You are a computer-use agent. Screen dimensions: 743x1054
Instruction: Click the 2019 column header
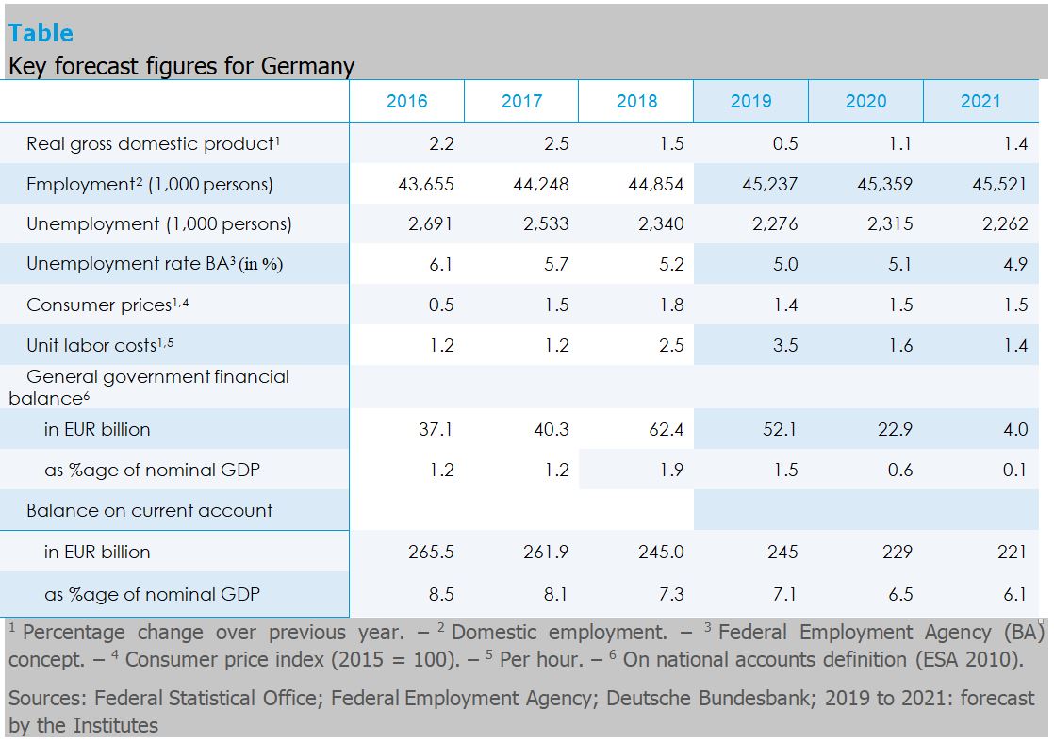(750, 102)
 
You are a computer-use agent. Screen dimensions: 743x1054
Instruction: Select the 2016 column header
(406, 102)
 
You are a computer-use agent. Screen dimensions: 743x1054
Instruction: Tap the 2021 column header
(980, 102)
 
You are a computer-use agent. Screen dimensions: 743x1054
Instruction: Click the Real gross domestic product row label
(154, 144)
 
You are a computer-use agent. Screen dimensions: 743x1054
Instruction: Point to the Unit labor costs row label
(100, 346)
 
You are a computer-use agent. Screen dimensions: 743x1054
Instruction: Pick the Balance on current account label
(149, 511)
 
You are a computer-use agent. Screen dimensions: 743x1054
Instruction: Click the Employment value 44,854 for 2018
(656, 185)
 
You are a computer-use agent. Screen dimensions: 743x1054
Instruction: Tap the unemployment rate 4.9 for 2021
(1015, 265)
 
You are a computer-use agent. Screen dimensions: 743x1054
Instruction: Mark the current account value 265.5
(431, 553)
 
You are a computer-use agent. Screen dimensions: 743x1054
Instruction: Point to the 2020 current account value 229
(897, 553)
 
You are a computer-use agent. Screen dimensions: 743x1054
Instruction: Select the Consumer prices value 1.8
(671, 305)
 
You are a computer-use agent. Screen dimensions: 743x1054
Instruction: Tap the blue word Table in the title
(41, 33)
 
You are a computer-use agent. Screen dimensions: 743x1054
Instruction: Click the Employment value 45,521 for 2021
(999, 185)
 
